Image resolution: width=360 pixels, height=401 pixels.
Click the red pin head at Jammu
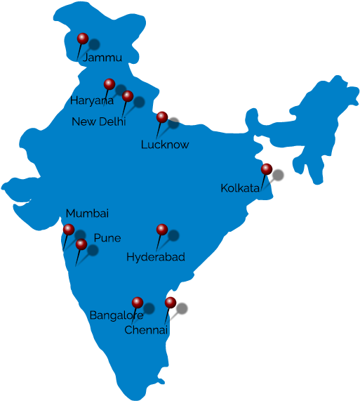click(82, 38)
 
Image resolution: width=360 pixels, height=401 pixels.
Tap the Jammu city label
click(102, 58)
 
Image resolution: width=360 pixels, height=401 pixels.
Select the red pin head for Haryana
click(109, 84)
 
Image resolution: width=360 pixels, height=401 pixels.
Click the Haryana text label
click(91, 101)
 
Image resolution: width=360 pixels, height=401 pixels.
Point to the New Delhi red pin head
click(128, 96)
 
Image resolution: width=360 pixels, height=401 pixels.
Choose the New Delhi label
click(98, 121)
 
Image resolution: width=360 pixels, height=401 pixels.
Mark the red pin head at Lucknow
click(162, 116)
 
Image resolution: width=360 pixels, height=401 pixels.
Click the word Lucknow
click(165, 145)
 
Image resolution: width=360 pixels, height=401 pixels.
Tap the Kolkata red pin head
click(266, 169)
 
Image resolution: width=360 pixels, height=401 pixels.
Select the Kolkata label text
click(240, 188)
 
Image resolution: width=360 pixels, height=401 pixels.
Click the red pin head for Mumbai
click(68, 229)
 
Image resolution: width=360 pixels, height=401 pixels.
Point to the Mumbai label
click(87, 213)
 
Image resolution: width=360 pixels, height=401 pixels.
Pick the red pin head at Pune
click(81, 244)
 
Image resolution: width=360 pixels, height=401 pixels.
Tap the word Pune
click(107, 238)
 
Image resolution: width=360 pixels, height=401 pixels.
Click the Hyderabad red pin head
click(161, 229)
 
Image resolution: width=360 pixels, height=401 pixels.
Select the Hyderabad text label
click(156, 258)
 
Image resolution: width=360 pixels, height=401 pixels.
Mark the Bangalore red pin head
click(138, 302)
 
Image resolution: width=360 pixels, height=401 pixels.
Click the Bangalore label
click(116, 315)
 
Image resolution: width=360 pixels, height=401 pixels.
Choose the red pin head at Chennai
click(171, 302)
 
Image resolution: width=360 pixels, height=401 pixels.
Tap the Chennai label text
click(146, 329)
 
